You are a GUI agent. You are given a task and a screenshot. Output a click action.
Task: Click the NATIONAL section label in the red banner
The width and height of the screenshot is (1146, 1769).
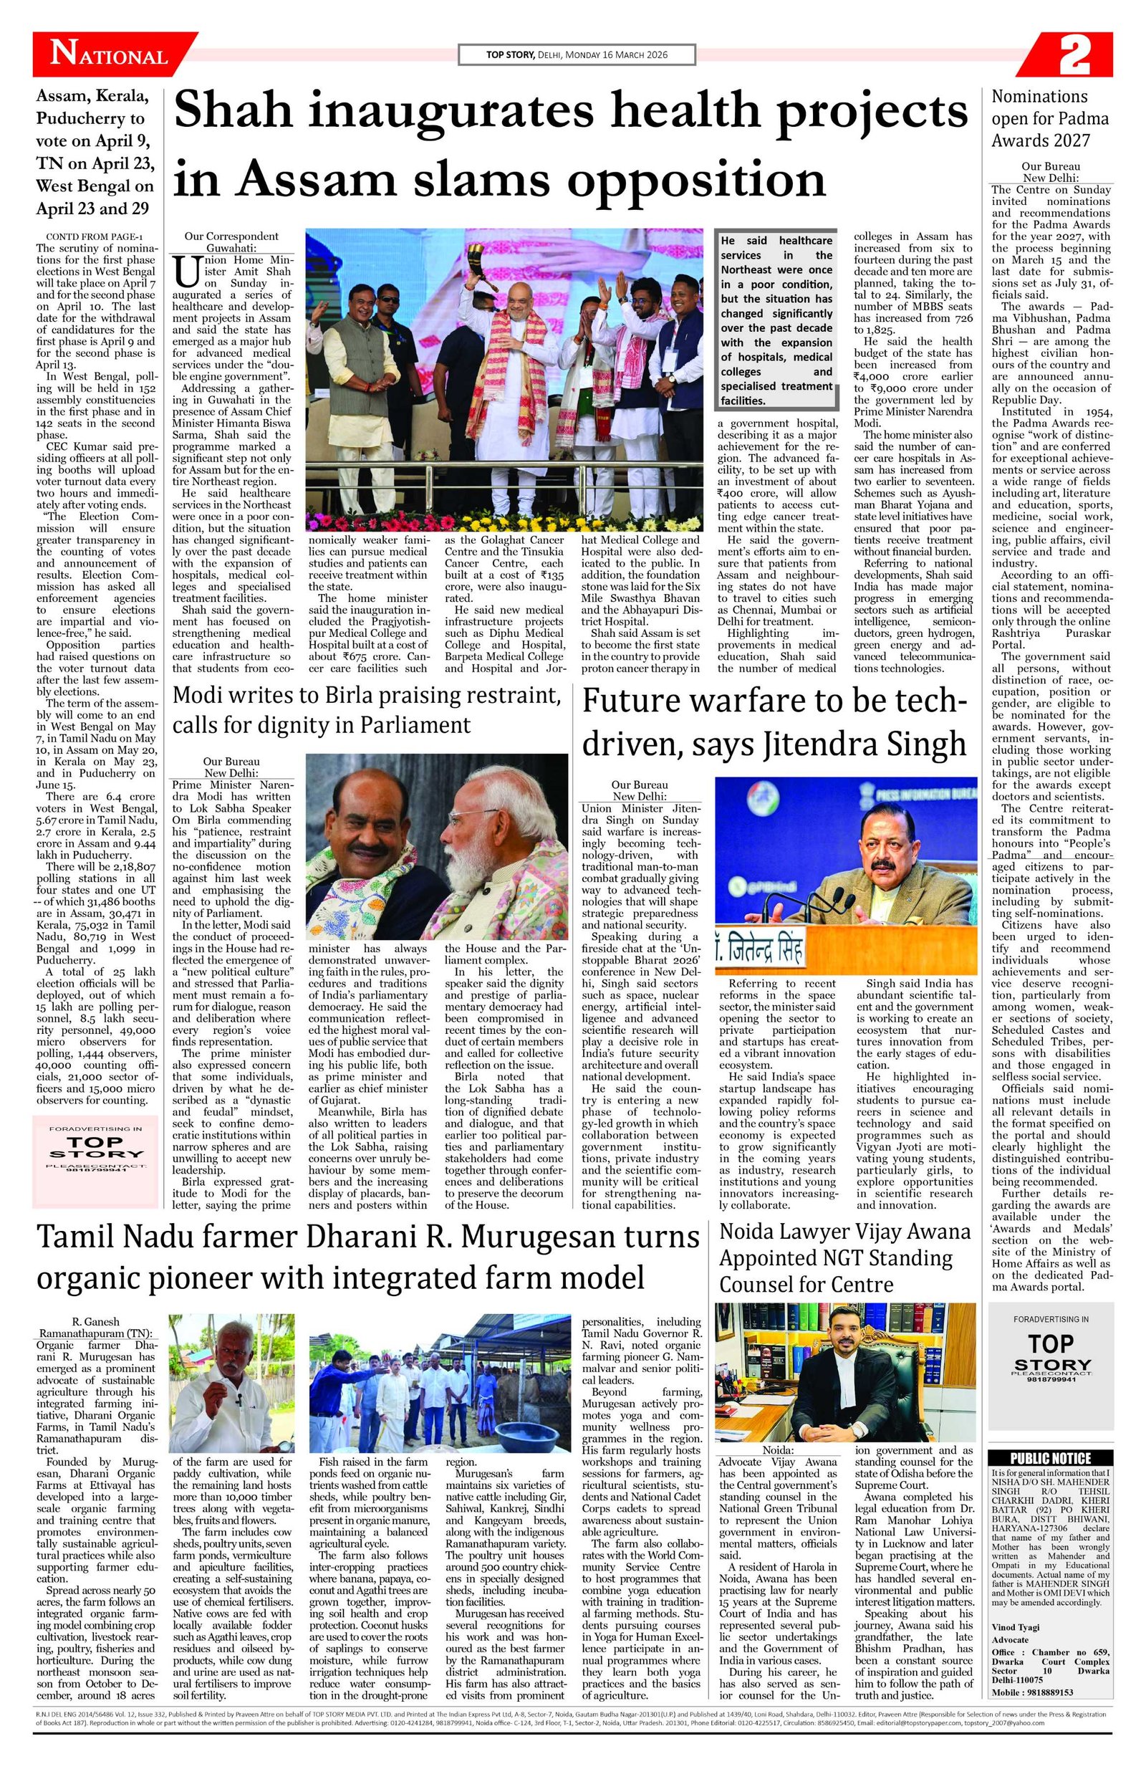tap(108, 57)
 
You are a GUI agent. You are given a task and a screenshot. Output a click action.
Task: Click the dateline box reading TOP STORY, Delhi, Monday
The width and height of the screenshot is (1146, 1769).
tap(577, 54)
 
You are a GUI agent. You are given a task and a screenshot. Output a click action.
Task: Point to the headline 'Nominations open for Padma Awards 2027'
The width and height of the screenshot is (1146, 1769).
tap(1049, 118)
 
